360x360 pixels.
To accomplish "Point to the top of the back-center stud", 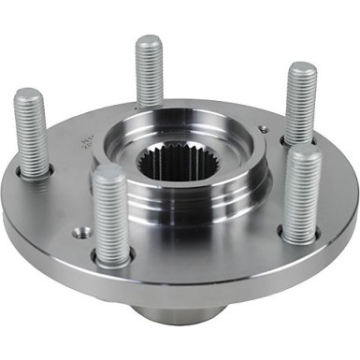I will (150, 43).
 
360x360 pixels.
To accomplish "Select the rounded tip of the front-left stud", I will (109, 174).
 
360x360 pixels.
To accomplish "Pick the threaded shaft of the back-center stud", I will (150, 75).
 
